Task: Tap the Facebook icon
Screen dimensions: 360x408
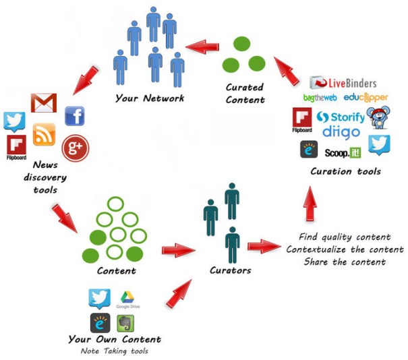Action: click(x=74, y=116)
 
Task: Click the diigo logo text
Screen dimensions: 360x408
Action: click(x=341, y=131)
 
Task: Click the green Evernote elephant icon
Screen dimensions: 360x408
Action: click(x=124, y=322)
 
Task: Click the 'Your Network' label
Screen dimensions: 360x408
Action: click(x=149, y=98)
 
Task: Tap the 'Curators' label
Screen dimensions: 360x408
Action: click(x=231, y=270)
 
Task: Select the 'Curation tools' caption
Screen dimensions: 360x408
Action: click(x=345, y=171)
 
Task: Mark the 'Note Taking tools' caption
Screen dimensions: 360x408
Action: click(x=114, y=351)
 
